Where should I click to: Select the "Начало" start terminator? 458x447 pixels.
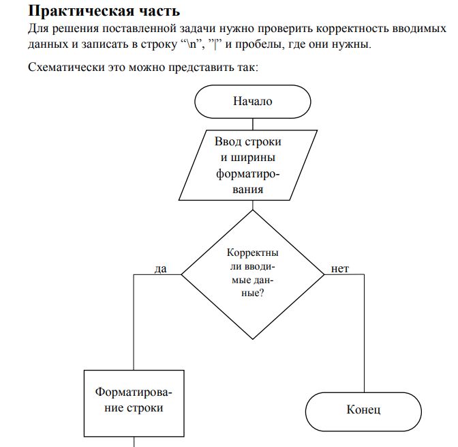coord(253,102)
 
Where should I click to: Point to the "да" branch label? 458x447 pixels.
coord(161,269)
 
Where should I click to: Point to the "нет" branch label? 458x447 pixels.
coord(339,269)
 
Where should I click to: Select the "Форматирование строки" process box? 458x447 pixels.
coord(134,401)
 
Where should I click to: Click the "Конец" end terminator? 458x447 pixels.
coord(363,410)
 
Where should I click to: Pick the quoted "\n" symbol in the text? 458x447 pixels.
coord(195,45)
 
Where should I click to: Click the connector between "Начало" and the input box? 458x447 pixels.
coord(253,124)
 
